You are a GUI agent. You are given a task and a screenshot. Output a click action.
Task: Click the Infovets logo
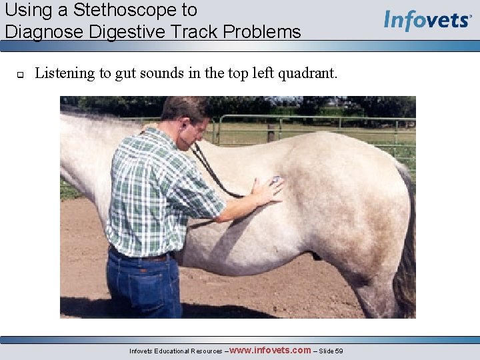[x=427, y=20]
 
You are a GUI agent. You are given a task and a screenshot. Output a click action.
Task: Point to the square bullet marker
[x=19, y=74]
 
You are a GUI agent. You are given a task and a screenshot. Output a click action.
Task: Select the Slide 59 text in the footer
[x=331, y=351]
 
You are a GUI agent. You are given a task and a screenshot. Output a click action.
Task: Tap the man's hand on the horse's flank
[x=269, y=189]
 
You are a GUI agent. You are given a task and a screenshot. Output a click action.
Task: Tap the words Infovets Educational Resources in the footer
[x=176, y=351]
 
